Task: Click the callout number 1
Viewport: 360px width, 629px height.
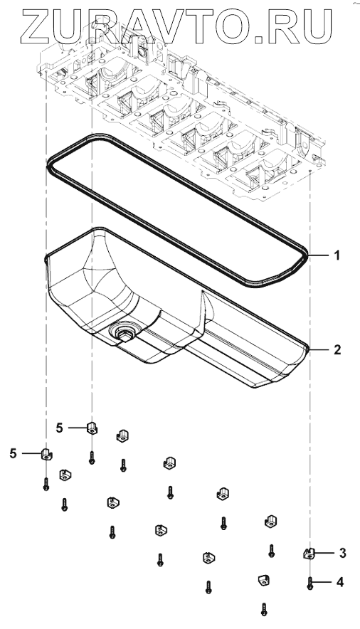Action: click(x=337, y=255)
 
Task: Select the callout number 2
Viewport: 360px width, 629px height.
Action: click(x=337, y=349)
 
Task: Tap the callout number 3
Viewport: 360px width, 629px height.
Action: click(x=342, y=553)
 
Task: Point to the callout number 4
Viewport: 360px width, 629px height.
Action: click(x=340, y=581)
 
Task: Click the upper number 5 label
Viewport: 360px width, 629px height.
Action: click(x=59, y=428)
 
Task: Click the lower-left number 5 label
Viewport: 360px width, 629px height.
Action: click(x=14, y=454)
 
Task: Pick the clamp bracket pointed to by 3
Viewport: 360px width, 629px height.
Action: click(x=308, y=554)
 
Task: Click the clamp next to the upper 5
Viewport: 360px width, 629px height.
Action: click(x=92, y=429)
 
